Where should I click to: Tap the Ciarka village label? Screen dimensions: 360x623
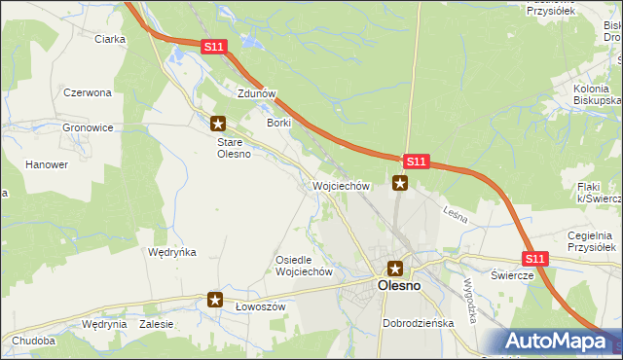[110, 39]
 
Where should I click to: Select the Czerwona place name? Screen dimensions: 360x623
[88, 92]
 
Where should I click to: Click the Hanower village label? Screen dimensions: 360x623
[47, 164]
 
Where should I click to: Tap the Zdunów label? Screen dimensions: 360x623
[258, 93]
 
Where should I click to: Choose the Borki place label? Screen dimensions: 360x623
[279, 123]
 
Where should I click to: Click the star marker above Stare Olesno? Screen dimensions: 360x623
[218, 124]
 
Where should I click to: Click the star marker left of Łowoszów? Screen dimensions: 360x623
[215, 301]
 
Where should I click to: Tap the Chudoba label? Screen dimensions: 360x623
[34, 341]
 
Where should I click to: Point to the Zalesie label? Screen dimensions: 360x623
[156, 324]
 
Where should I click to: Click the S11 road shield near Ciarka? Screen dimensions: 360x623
[216, 47]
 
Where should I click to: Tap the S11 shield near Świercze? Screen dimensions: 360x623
[534, 259]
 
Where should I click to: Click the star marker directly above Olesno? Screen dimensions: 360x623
[395, 268]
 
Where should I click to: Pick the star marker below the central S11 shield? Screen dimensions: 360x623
[400, 182]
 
